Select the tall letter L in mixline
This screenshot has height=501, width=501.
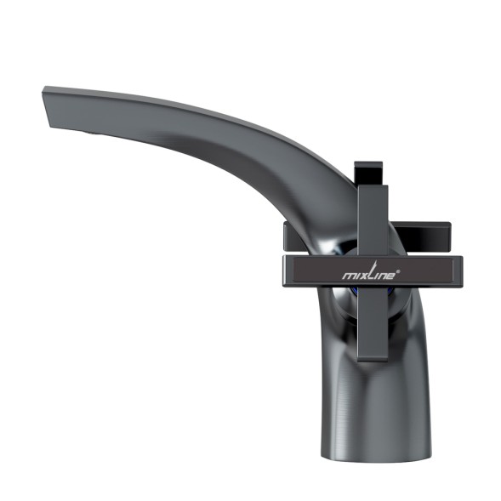pyautogui.click(x=371, y=272)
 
